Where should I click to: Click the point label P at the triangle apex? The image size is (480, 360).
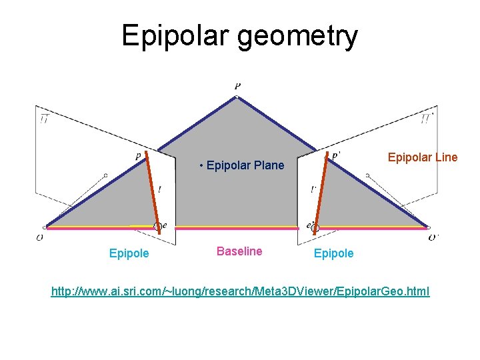(238, 86)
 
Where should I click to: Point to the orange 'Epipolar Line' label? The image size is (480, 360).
(423, 157)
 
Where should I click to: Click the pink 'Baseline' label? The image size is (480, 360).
(239, 251)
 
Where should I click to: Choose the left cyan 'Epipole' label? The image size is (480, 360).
(129, 253)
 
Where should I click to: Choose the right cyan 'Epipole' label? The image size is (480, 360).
(333, 253)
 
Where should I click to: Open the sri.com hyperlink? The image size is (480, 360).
(241, 291)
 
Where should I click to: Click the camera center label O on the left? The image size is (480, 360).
(40, 237)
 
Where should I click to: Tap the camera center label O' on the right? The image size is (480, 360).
(433, 237)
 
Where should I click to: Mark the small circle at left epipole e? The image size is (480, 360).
(157, 227)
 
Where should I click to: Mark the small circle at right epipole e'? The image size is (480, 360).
(316, 228)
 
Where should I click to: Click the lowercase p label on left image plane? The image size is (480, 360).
(139, 157)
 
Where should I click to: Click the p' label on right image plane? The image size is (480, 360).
(335, 155)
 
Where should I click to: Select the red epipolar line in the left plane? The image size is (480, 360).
(152, 190)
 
